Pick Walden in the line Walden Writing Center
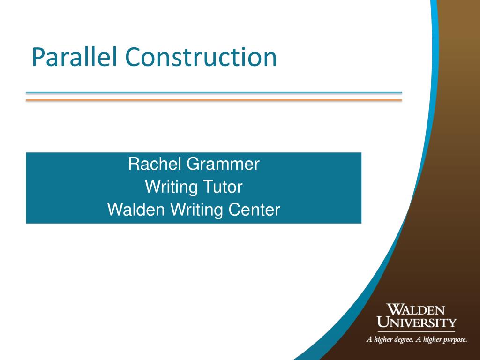[x=134, y=210]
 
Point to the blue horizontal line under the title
[x=214, y=93]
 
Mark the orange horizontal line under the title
[x=214, y=100]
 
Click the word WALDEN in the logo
[x=416, y=310]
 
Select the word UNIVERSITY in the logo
[x=417, y=322]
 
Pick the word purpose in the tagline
[x=454, y=340]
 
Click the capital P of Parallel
[x=37, y=57]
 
